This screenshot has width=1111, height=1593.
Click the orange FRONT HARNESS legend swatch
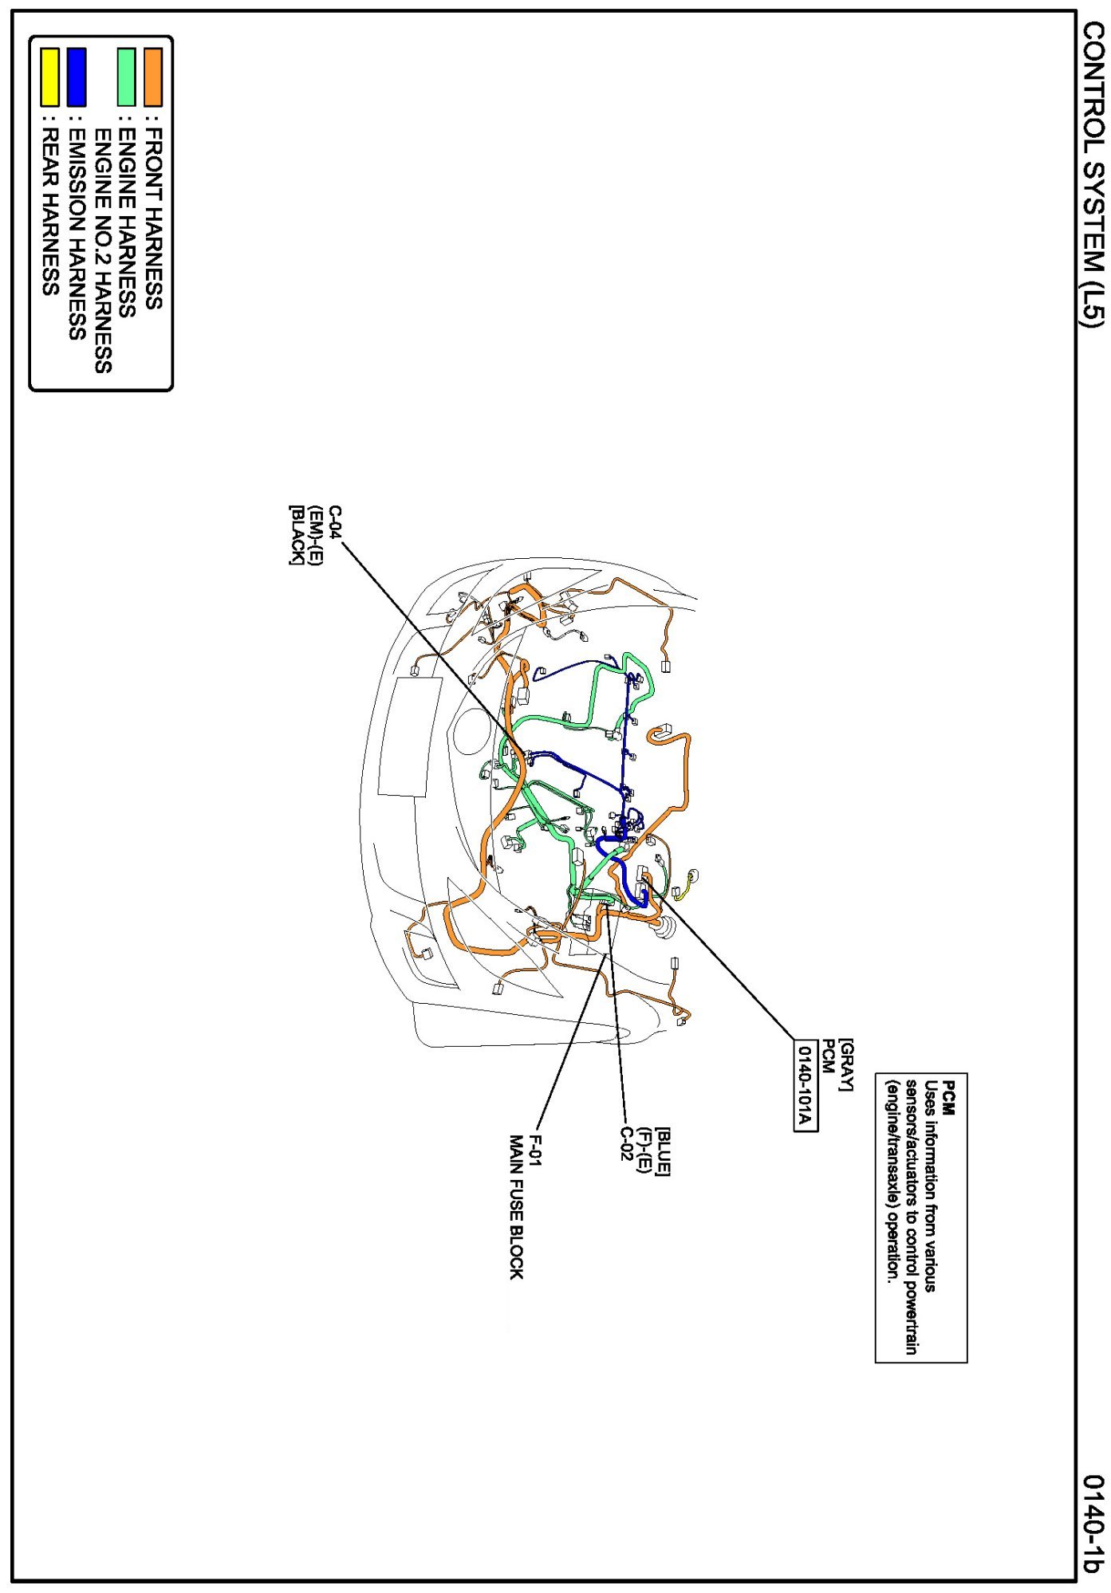tap(152, 77)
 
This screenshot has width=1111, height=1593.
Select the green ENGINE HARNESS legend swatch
tap(126, 77)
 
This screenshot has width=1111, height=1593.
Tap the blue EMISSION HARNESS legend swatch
tap(77, 77)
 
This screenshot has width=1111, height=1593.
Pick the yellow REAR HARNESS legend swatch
tap(49, 77)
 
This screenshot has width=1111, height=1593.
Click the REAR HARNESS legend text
tap(49, 212)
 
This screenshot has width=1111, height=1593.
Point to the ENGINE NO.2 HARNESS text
tap(103, 250)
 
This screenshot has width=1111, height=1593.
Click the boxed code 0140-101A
tap(805, 1085)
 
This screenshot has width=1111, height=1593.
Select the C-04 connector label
tap(334, 524)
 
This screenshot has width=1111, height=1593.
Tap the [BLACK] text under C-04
tap(296, 535)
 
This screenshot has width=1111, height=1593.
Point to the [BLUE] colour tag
tap(663, 1151)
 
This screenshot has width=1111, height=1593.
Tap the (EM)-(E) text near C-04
tap(315, 535)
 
